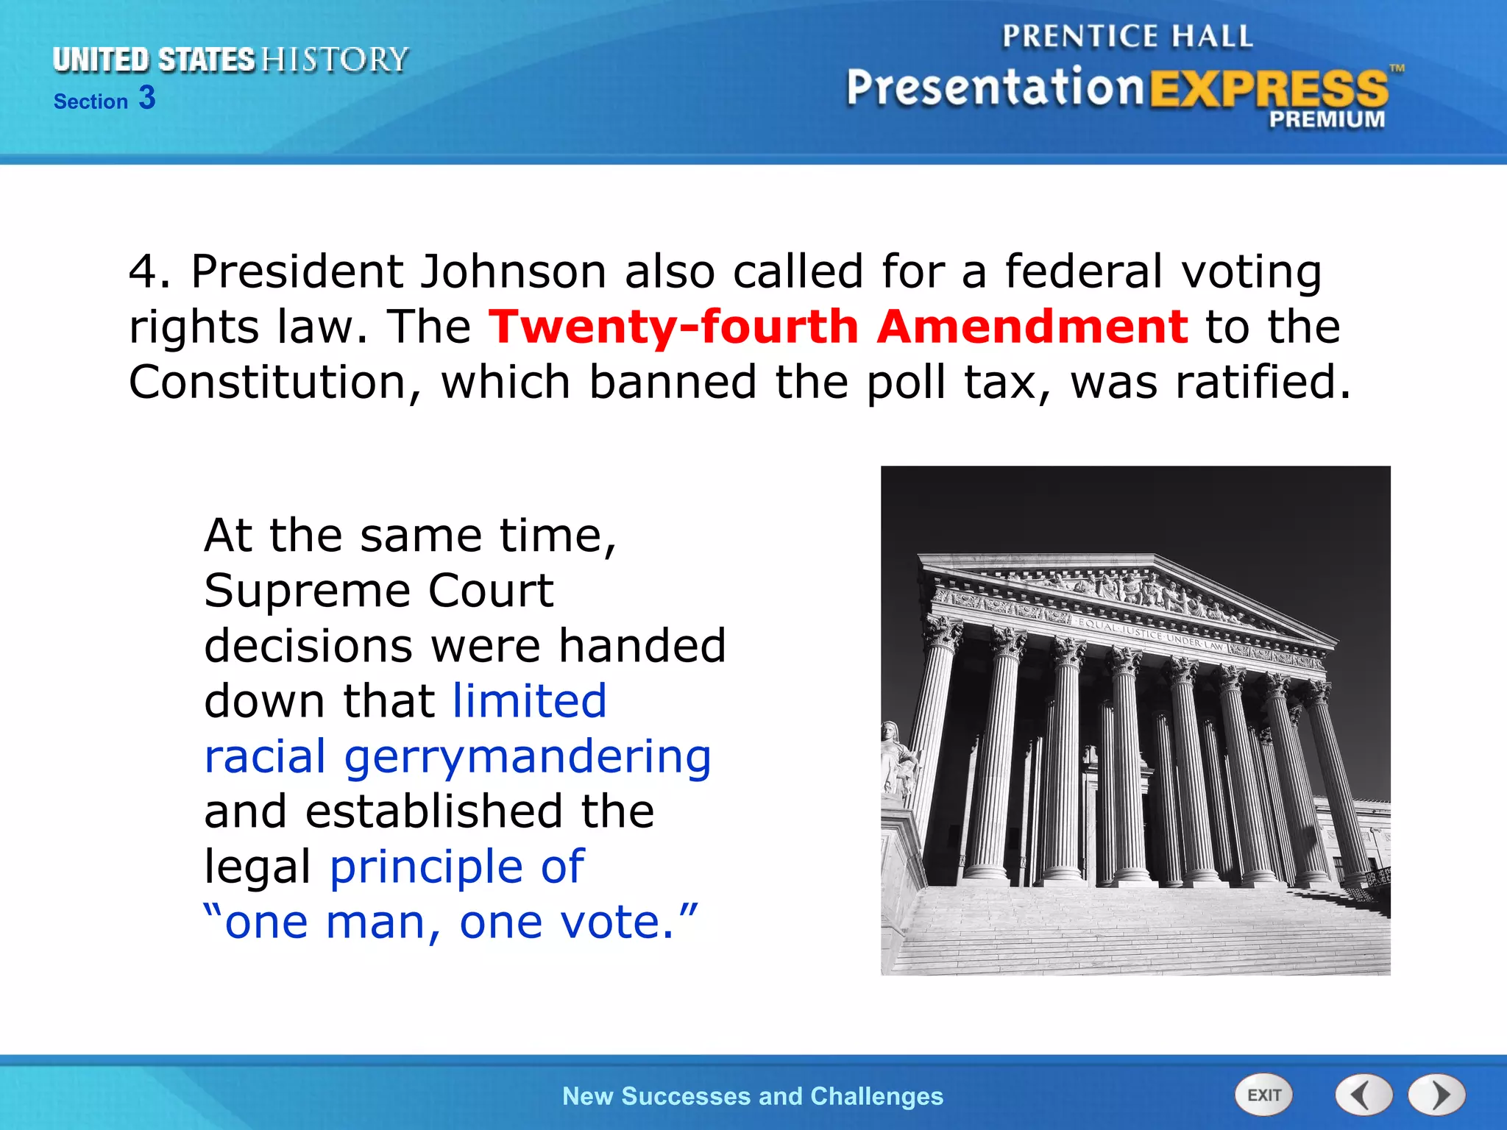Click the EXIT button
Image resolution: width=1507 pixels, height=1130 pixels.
point(1263,1095)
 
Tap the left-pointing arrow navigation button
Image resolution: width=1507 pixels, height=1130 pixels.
point(1364,1095)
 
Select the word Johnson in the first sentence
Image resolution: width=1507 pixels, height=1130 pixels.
point(513,271)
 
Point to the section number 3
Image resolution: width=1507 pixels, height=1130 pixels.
point(147,98)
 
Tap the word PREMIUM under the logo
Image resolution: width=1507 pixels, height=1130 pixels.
point(1326,119)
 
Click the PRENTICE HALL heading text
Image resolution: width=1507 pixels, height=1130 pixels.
point(1127,37)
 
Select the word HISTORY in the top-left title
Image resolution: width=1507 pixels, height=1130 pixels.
point(335,60)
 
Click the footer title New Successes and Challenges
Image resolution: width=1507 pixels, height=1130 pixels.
point(752,1096)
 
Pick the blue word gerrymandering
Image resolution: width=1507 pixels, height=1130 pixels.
point(528,756)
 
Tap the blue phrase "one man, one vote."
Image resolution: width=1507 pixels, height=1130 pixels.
point(450,922)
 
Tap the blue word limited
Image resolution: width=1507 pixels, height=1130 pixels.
point(530,700)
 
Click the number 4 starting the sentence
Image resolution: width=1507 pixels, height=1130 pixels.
point(143,271)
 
